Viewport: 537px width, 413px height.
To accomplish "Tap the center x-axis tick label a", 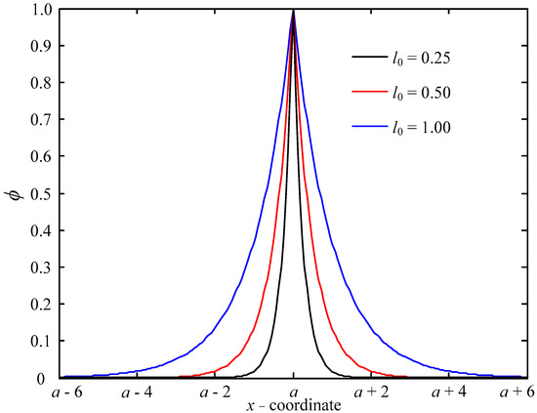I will (x=294, y=392).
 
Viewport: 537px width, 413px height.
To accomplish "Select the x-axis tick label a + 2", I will (x=370, y=392).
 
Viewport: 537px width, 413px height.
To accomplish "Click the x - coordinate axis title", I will (x=294, y=405).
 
